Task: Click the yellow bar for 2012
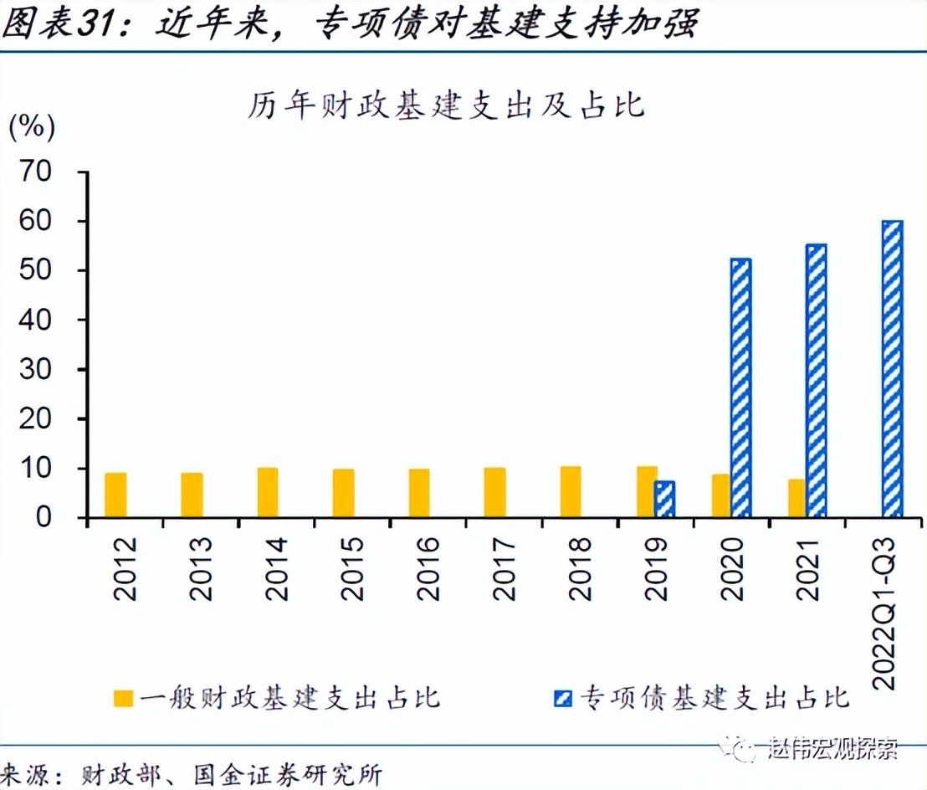[x=116, y=495]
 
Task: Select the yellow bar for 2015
[x=343, y=494]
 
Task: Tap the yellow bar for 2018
[x=571, y=492]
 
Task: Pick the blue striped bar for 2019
[x=664, y=500]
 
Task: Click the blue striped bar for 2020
[x=741, y=388]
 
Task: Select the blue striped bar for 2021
[x=816, y=381]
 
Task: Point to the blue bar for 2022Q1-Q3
[x=892, y=369]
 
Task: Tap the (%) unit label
[x=32, y=127]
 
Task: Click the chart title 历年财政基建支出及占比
[x=445, y=106]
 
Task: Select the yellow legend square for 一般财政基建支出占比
[x=125, y=697]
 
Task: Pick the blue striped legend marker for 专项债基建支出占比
[x=563, y=697]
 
